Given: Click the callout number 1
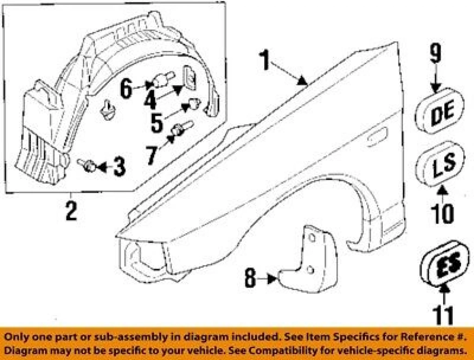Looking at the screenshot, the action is (x=265, y=60).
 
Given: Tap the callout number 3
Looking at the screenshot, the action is (x=119, y=167).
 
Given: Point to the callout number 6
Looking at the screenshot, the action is (x=126, y=88).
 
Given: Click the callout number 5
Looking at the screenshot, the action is (x=156, y=123).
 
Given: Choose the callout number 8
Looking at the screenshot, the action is (x=250, y=278).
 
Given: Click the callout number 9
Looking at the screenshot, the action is (x=436, y=54).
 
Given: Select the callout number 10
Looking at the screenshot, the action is (x=443, y=214).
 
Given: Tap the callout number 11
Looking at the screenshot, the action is (x=443, y=315).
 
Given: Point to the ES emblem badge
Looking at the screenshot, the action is (x=445, y=263).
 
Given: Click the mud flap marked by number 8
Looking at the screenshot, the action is (x=308, y=260).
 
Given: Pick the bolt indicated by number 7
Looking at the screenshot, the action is (x=182, y=128).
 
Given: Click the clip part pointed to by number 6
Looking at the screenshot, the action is (x=163, y=79).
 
